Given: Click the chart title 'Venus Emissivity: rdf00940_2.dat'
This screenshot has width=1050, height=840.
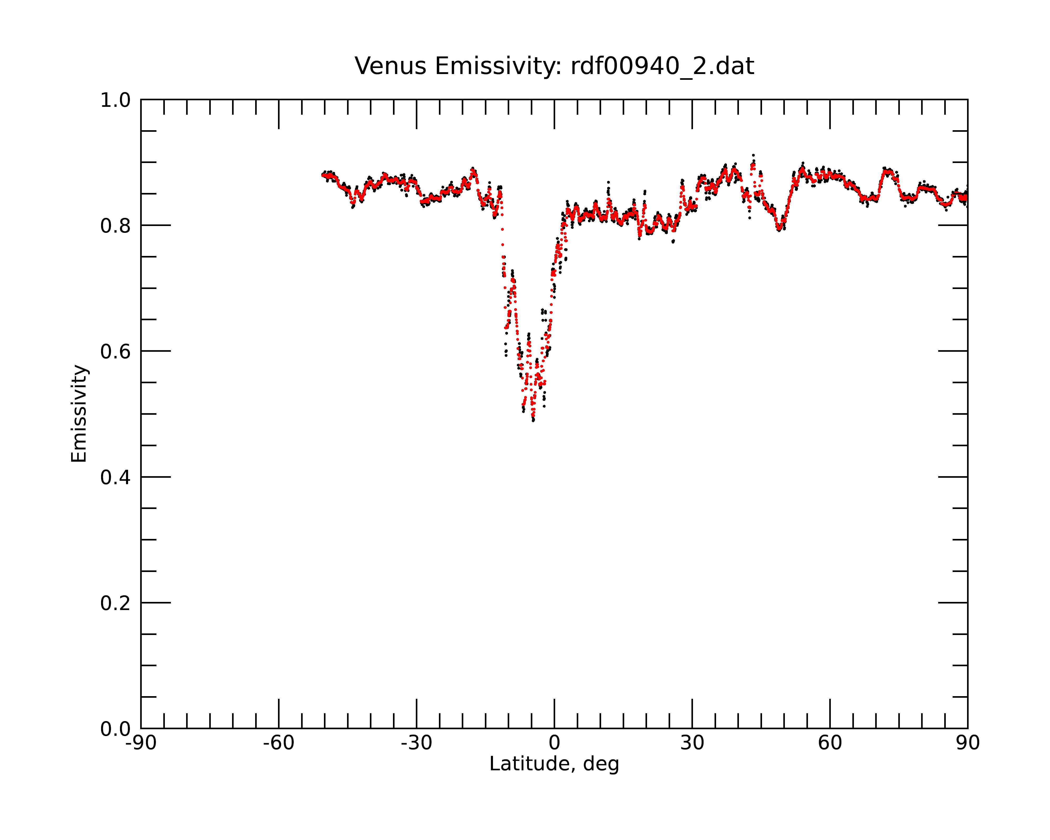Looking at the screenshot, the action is [x=554, y=66].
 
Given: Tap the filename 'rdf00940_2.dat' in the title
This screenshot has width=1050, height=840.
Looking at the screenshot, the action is [x=662, y=66].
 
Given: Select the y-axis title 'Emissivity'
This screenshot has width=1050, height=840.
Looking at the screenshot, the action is [x=79, y=413].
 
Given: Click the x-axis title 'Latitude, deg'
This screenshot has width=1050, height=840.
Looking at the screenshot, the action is [x=554, y=764].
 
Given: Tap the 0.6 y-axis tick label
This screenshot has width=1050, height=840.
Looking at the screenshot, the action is [x=115, y=351].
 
